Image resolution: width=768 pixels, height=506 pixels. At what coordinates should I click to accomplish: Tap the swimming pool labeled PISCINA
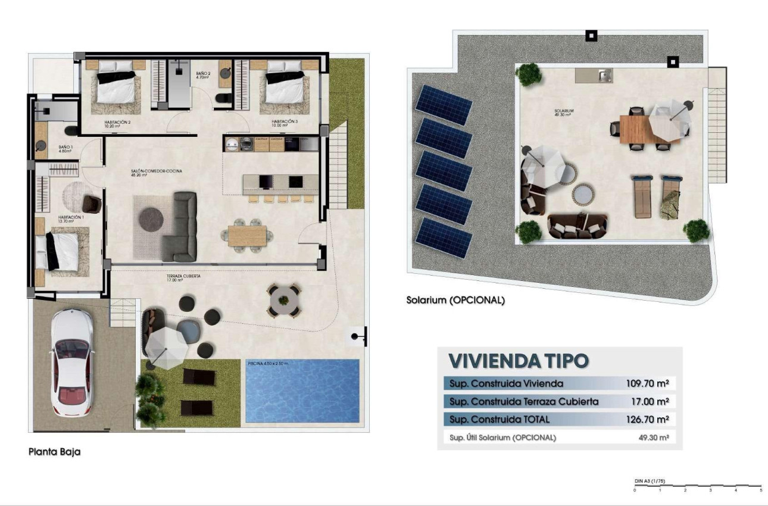click(x=302, y=391)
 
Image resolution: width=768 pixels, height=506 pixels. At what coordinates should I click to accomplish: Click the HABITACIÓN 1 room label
click(x=70, y=219)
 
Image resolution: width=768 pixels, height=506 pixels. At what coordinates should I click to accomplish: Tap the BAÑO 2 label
click(x=203, y=75)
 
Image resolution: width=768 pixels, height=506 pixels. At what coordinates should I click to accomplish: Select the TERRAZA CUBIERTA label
click(x=183, y=277)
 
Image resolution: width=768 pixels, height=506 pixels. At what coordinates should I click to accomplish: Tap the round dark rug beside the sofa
click(x=151, y=219)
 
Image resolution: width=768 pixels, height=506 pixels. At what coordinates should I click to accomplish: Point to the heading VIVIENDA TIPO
click(x=518, y=360)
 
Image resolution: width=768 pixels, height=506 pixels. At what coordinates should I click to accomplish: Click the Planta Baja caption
click(x=54, y=452)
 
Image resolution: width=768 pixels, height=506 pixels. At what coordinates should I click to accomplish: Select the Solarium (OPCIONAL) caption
click(x=455, y=301)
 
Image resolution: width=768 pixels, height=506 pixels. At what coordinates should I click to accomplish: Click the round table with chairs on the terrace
click(x=283, y=300)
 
